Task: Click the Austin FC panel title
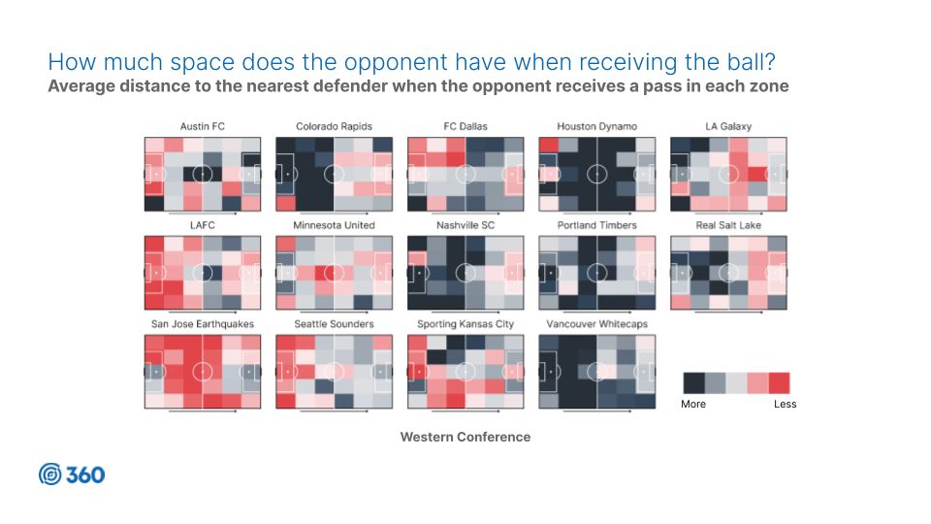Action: coord(203,126)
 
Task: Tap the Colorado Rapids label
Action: coord(334,126)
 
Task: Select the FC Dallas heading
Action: coord(465,126)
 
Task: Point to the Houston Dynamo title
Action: coord(596,126)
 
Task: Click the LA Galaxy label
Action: coord(728,126)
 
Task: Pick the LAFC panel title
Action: coord(203,225)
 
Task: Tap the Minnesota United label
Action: coord(334,225)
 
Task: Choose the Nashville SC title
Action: coord(465,225)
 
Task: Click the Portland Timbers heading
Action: coord(596,225)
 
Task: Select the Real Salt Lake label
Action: coord(728,225)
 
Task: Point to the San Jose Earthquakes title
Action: coord(203,324)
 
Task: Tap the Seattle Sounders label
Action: coord(334,324)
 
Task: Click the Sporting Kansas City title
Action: coord(465,324)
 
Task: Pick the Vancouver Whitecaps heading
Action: coord(596,324)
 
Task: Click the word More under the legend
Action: coord(693,404)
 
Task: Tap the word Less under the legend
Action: coord(785,404)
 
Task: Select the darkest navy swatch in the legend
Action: coord(693,383)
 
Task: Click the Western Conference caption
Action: coord(465,437)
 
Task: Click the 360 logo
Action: coord(72,475)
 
